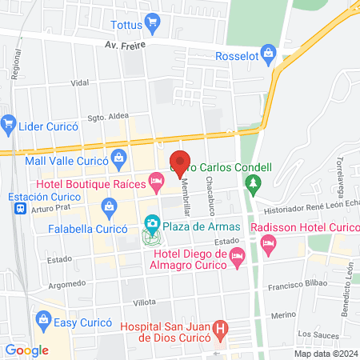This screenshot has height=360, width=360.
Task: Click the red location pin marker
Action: coord(180,163)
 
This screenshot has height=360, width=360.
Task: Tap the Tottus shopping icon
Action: coord(150,21)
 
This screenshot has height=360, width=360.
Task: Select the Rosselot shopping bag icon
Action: coord(269,56)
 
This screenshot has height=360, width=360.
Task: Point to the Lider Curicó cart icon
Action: coord(9,122)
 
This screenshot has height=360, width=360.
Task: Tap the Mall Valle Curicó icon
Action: coord(118,157)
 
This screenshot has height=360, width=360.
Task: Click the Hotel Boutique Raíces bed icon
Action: coord(157,184)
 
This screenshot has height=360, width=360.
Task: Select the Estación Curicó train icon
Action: coord(19,208)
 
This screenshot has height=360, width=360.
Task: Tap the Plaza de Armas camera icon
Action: coord(150,222)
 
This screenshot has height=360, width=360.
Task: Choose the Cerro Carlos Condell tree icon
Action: coord(253,184)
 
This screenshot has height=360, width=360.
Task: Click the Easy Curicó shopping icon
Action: coord(45,322)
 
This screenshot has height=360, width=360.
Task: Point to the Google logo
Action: coord(26,350)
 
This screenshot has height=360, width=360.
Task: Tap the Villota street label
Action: coord(122,302)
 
